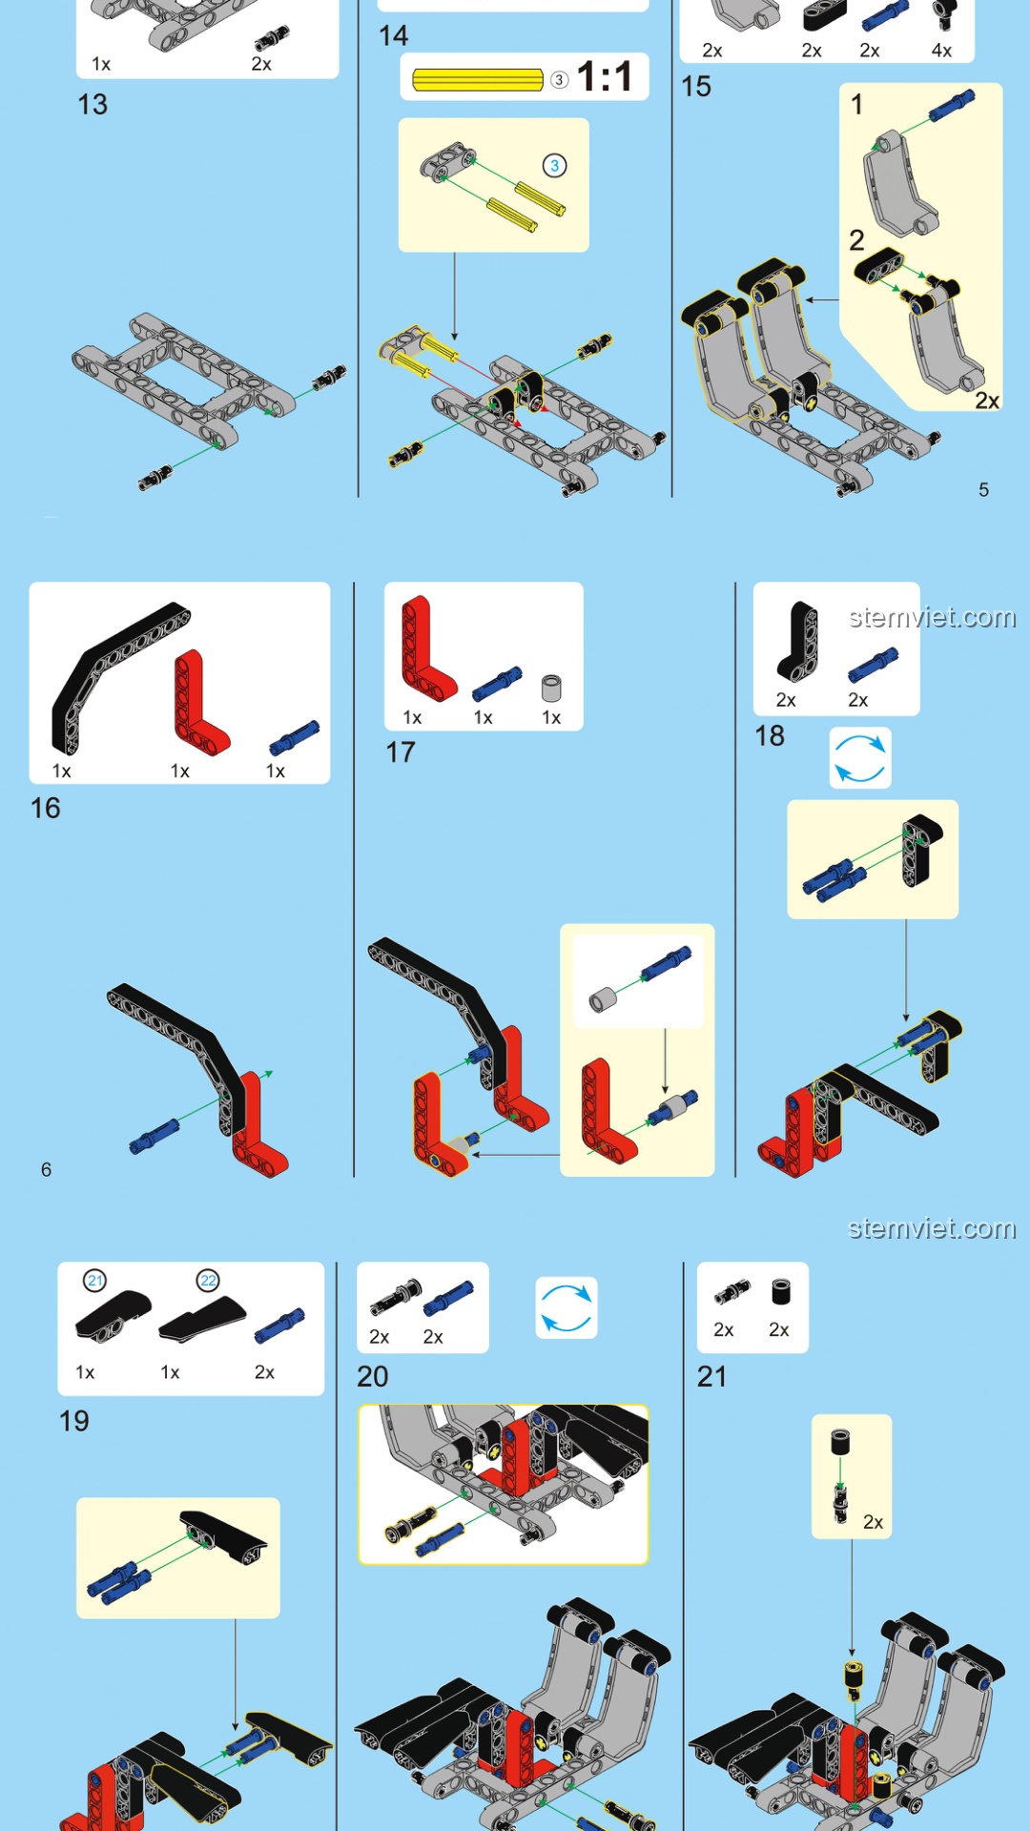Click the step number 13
tap(93, 104)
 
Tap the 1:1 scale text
tap(605, 77)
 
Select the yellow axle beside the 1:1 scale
tap(478, 80)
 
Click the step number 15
tap(696, 87)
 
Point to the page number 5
tap(983, 490)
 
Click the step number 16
tap(46, 809)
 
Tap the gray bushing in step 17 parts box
tap(551, 689)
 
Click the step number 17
tap(401, 752)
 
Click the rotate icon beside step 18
tap(860, 758)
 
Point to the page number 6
tap(46, 1170)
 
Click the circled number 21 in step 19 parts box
tap(94, 1281)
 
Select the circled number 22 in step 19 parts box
tap(208, 1281)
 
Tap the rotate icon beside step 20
tap(566, 1307)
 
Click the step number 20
tap(373, 1377)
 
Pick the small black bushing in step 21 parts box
tap(781, 1291)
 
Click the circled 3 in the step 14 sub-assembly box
tap(554, 166)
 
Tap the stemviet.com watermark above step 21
tap(932, 1228)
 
